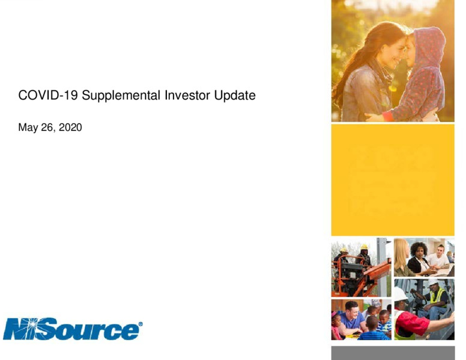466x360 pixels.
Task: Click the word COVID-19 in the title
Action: tap(48, 95)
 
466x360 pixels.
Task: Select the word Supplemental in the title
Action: tap(121, 96)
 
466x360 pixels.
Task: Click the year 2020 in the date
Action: tap(70, 127)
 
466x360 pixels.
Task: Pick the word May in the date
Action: tap(28, 128)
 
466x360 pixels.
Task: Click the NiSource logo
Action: tap(71, 329)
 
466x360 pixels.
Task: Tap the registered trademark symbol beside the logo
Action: tap(141, 324)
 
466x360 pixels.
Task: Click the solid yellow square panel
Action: tap(393, 180)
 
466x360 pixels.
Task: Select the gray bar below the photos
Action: tap(393, 353)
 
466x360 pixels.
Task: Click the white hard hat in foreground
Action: tap(401, 294)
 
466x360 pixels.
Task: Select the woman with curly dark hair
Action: tap(419, 258)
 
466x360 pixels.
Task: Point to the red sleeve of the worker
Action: tap(411, 322)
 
